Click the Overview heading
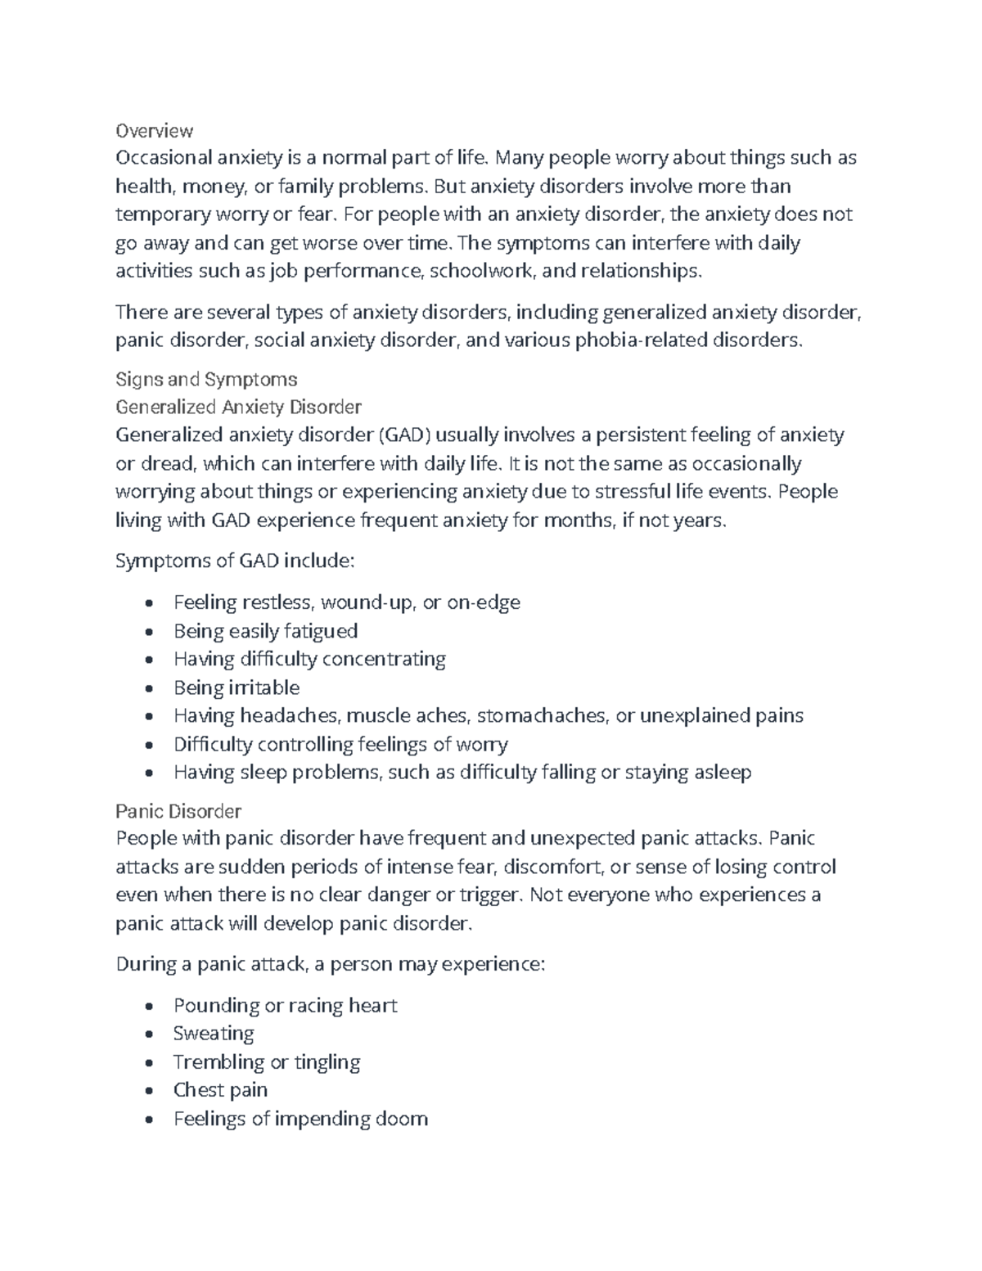point(154,131)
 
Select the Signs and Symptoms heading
point(206,379)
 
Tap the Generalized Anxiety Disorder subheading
point(238,407)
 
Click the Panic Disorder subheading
point(178,811)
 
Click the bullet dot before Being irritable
point(147,688)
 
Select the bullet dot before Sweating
point(147,1034)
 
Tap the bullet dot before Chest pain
point(147,1091)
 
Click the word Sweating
point(214,1034)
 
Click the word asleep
point(722,773)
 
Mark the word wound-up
point(367,603)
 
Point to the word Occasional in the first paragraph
point(163,158)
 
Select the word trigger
point(491,895)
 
